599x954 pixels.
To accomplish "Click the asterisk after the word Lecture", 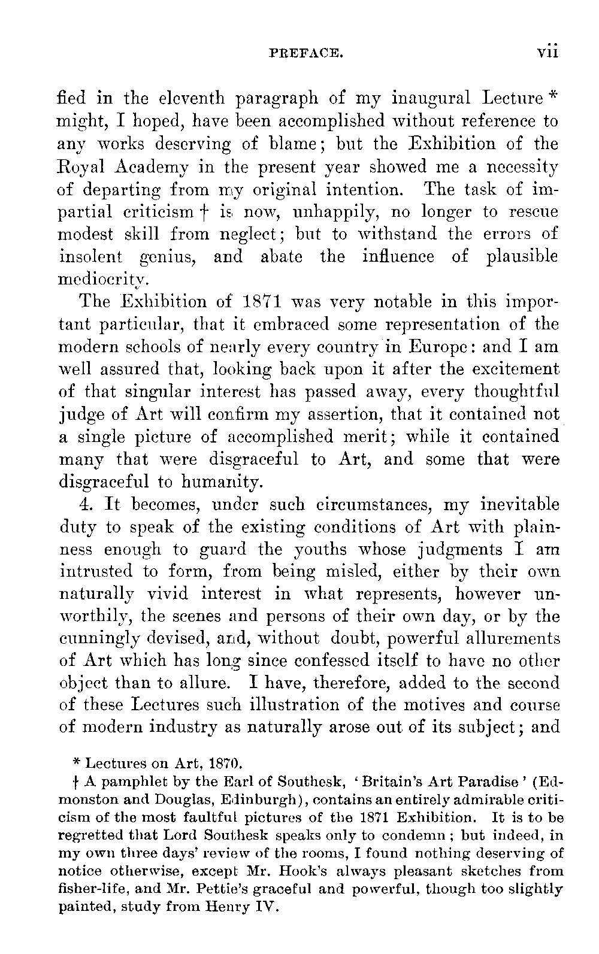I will point(553,95).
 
